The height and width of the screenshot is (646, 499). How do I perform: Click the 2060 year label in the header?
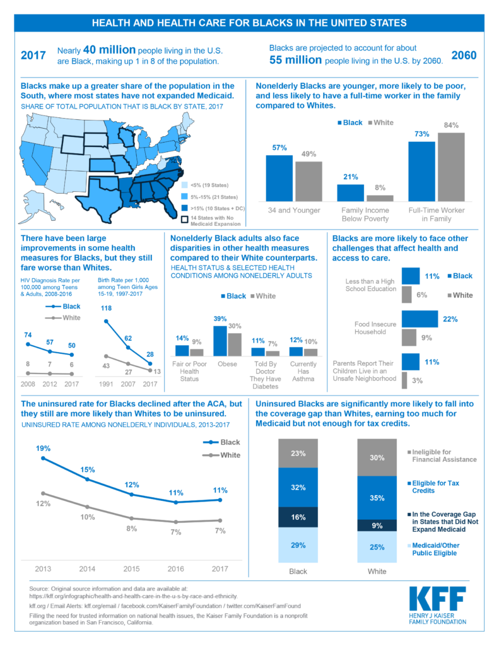464,55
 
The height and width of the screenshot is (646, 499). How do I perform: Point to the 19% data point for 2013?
44,458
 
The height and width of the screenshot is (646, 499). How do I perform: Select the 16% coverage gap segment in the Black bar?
298,517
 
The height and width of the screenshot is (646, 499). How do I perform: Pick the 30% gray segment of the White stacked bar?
377,457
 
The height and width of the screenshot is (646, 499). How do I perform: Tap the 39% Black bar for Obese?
220,341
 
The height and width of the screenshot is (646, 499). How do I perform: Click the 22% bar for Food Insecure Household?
420,319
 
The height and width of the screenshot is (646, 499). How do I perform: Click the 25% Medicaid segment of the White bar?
377,547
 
